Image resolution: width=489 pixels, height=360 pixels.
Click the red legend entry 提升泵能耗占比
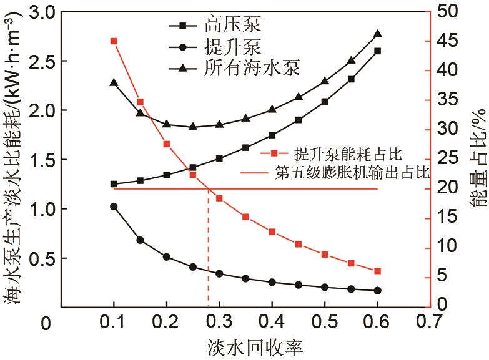coord(347,153)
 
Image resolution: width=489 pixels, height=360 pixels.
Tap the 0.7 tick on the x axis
coord(430,321)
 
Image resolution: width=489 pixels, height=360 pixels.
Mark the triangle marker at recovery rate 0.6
coord(378,34)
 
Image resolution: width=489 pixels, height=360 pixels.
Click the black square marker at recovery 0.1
coord(114,184)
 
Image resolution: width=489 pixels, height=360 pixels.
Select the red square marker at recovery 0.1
coord(114,41)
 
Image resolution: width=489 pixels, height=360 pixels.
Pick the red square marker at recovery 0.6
coord(377,271)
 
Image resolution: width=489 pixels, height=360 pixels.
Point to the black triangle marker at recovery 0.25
coord(193,126)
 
